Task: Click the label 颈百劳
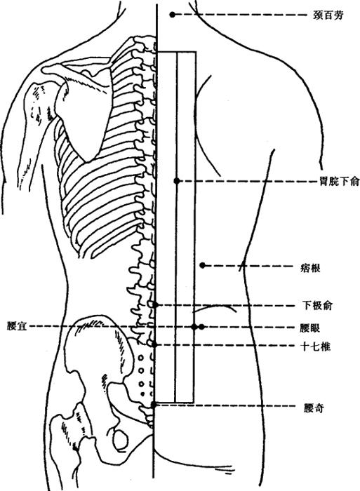click(x=328, y=15)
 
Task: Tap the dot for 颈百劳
click(x=172, y=15)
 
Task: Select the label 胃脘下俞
click(x=340, y=181)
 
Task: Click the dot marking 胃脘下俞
click(x=177, y=181)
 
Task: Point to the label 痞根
click(x=310, y=268)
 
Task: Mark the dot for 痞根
click(x=203, y=266)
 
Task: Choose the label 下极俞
click(x=316, y=305)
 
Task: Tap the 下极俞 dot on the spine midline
click(x=156, y=304)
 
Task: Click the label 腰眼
click(x=309, y=328)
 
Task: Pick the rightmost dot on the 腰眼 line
click(x=201, y=327)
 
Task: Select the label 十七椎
click(x=316, y=347)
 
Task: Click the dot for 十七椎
click(x=154, y=345)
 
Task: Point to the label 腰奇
click(x=314, y=408)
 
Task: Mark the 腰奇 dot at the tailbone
click(x=154, y=405)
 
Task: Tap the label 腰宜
click(x=17, y=327)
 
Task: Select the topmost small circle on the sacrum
click(x=141, y=357)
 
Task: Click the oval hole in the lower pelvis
click(x=120, y=439)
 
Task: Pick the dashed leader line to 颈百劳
click(x=241, y=15)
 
